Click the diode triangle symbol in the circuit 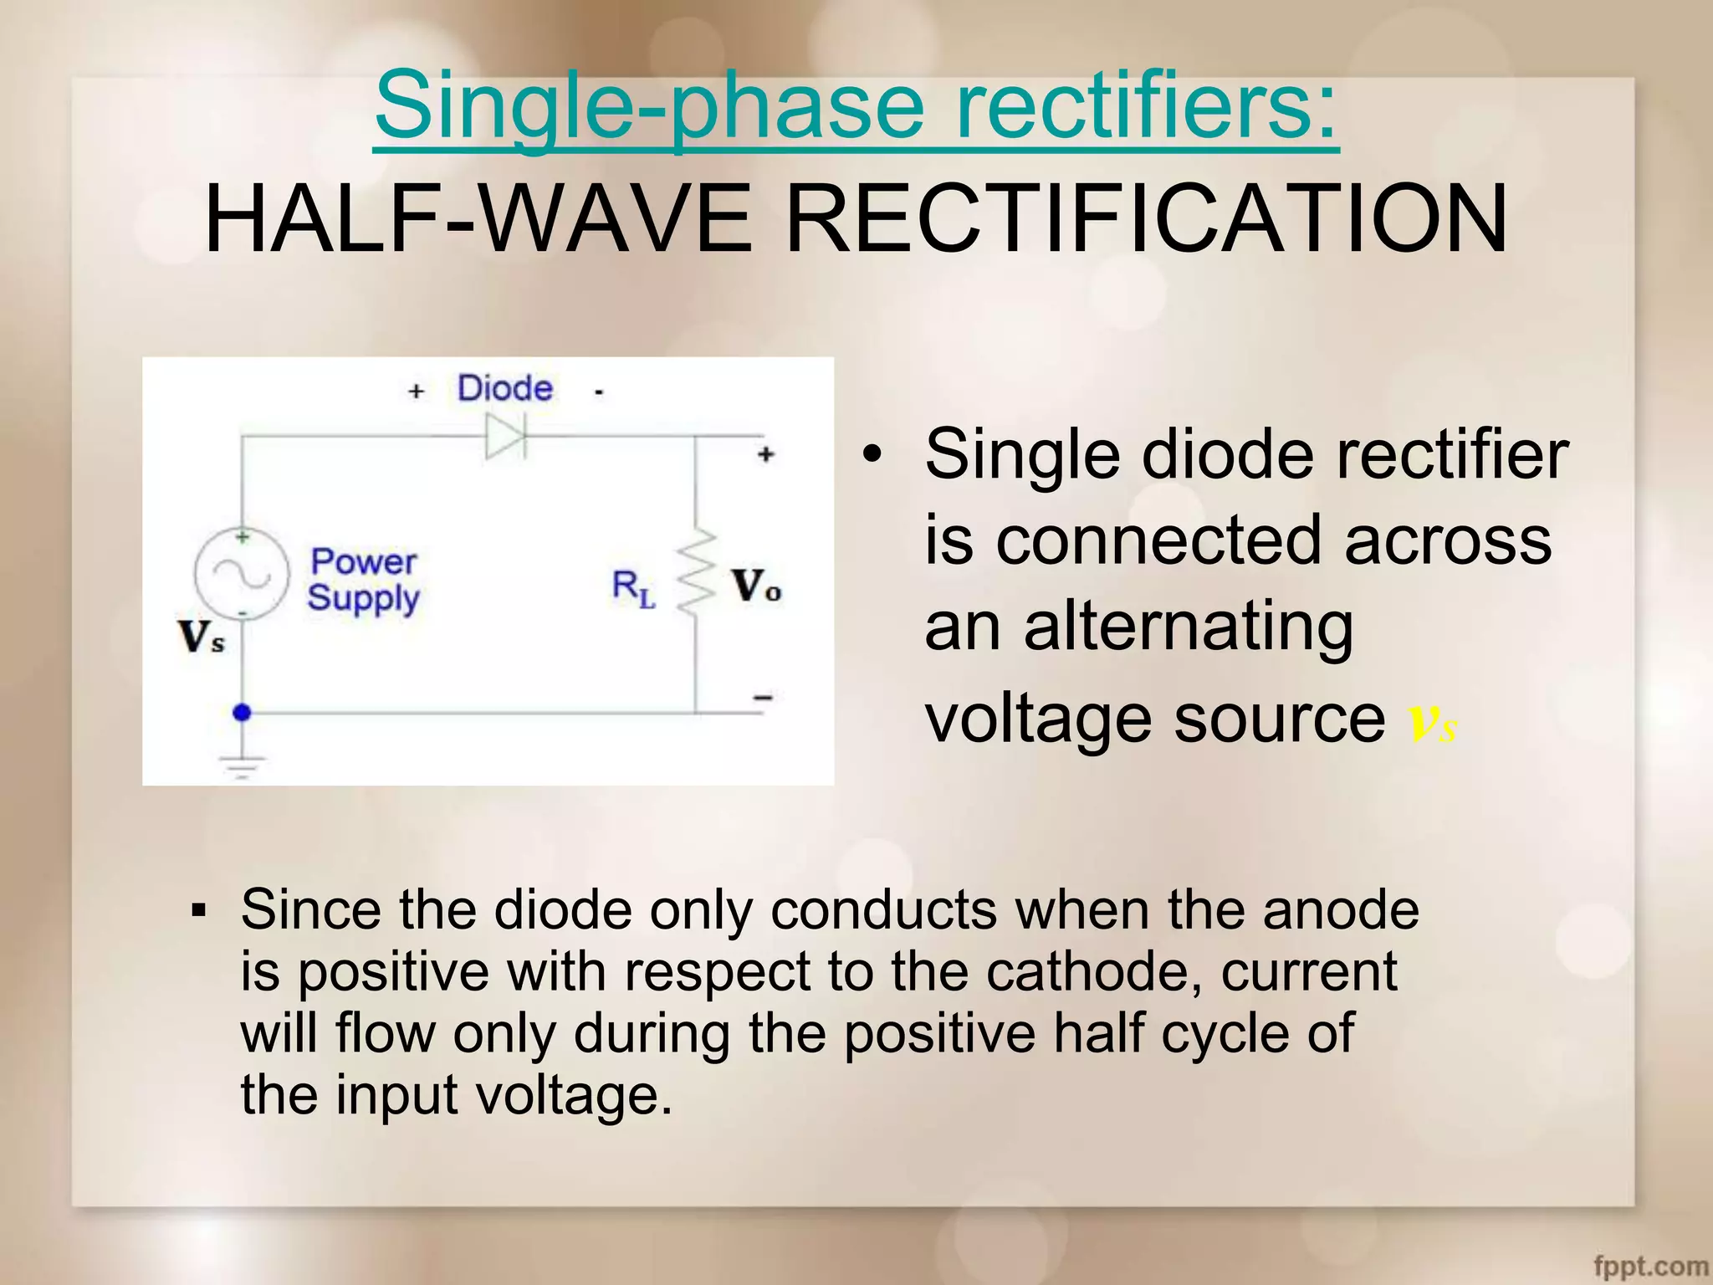click(505, 437)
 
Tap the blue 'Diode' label click(504, 389)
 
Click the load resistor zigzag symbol click(696, 574)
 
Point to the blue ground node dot click(242, 713)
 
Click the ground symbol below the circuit click(242, 765)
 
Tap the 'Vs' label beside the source click(202, 637)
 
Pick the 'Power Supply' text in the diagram click(363, 580)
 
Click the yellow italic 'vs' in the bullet click(1433, 721)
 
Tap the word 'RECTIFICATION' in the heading click(1148, 219)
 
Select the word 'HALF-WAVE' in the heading click(478, 219)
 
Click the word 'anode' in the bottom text click(1341, 910)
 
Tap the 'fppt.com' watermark click(1651, 1266)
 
